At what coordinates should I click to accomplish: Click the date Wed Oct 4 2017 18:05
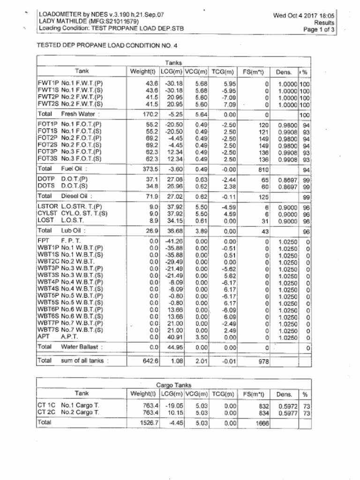[x=304, y=15]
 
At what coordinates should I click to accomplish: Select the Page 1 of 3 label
[x=319, y=29]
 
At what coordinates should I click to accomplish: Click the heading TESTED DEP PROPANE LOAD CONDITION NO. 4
[x=107, y=46]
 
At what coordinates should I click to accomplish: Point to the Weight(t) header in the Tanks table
[x=142, y=72]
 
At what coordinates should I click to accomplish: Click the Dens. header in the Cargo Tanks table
[x=284, y=395]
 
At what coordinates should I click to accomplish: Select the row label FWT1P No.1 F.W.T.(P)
[x=70, y=83]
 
